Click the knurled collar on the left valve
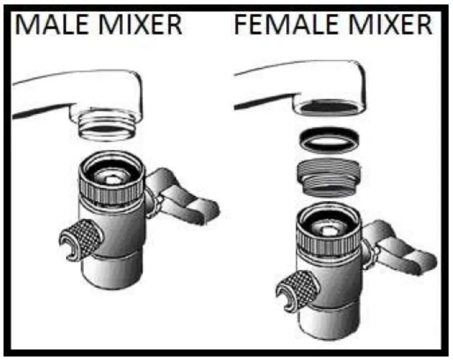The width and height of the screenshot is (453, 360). (111, 188)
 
